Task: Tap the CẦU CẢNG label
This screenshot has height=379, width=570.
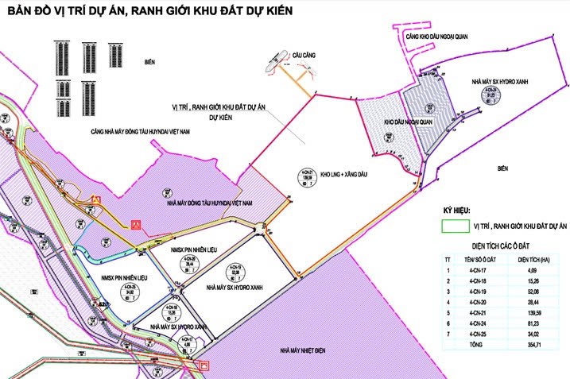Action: [x=304, y=54]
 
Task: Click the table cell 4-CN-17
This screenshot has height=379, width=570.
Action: [x=478, y=270]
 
